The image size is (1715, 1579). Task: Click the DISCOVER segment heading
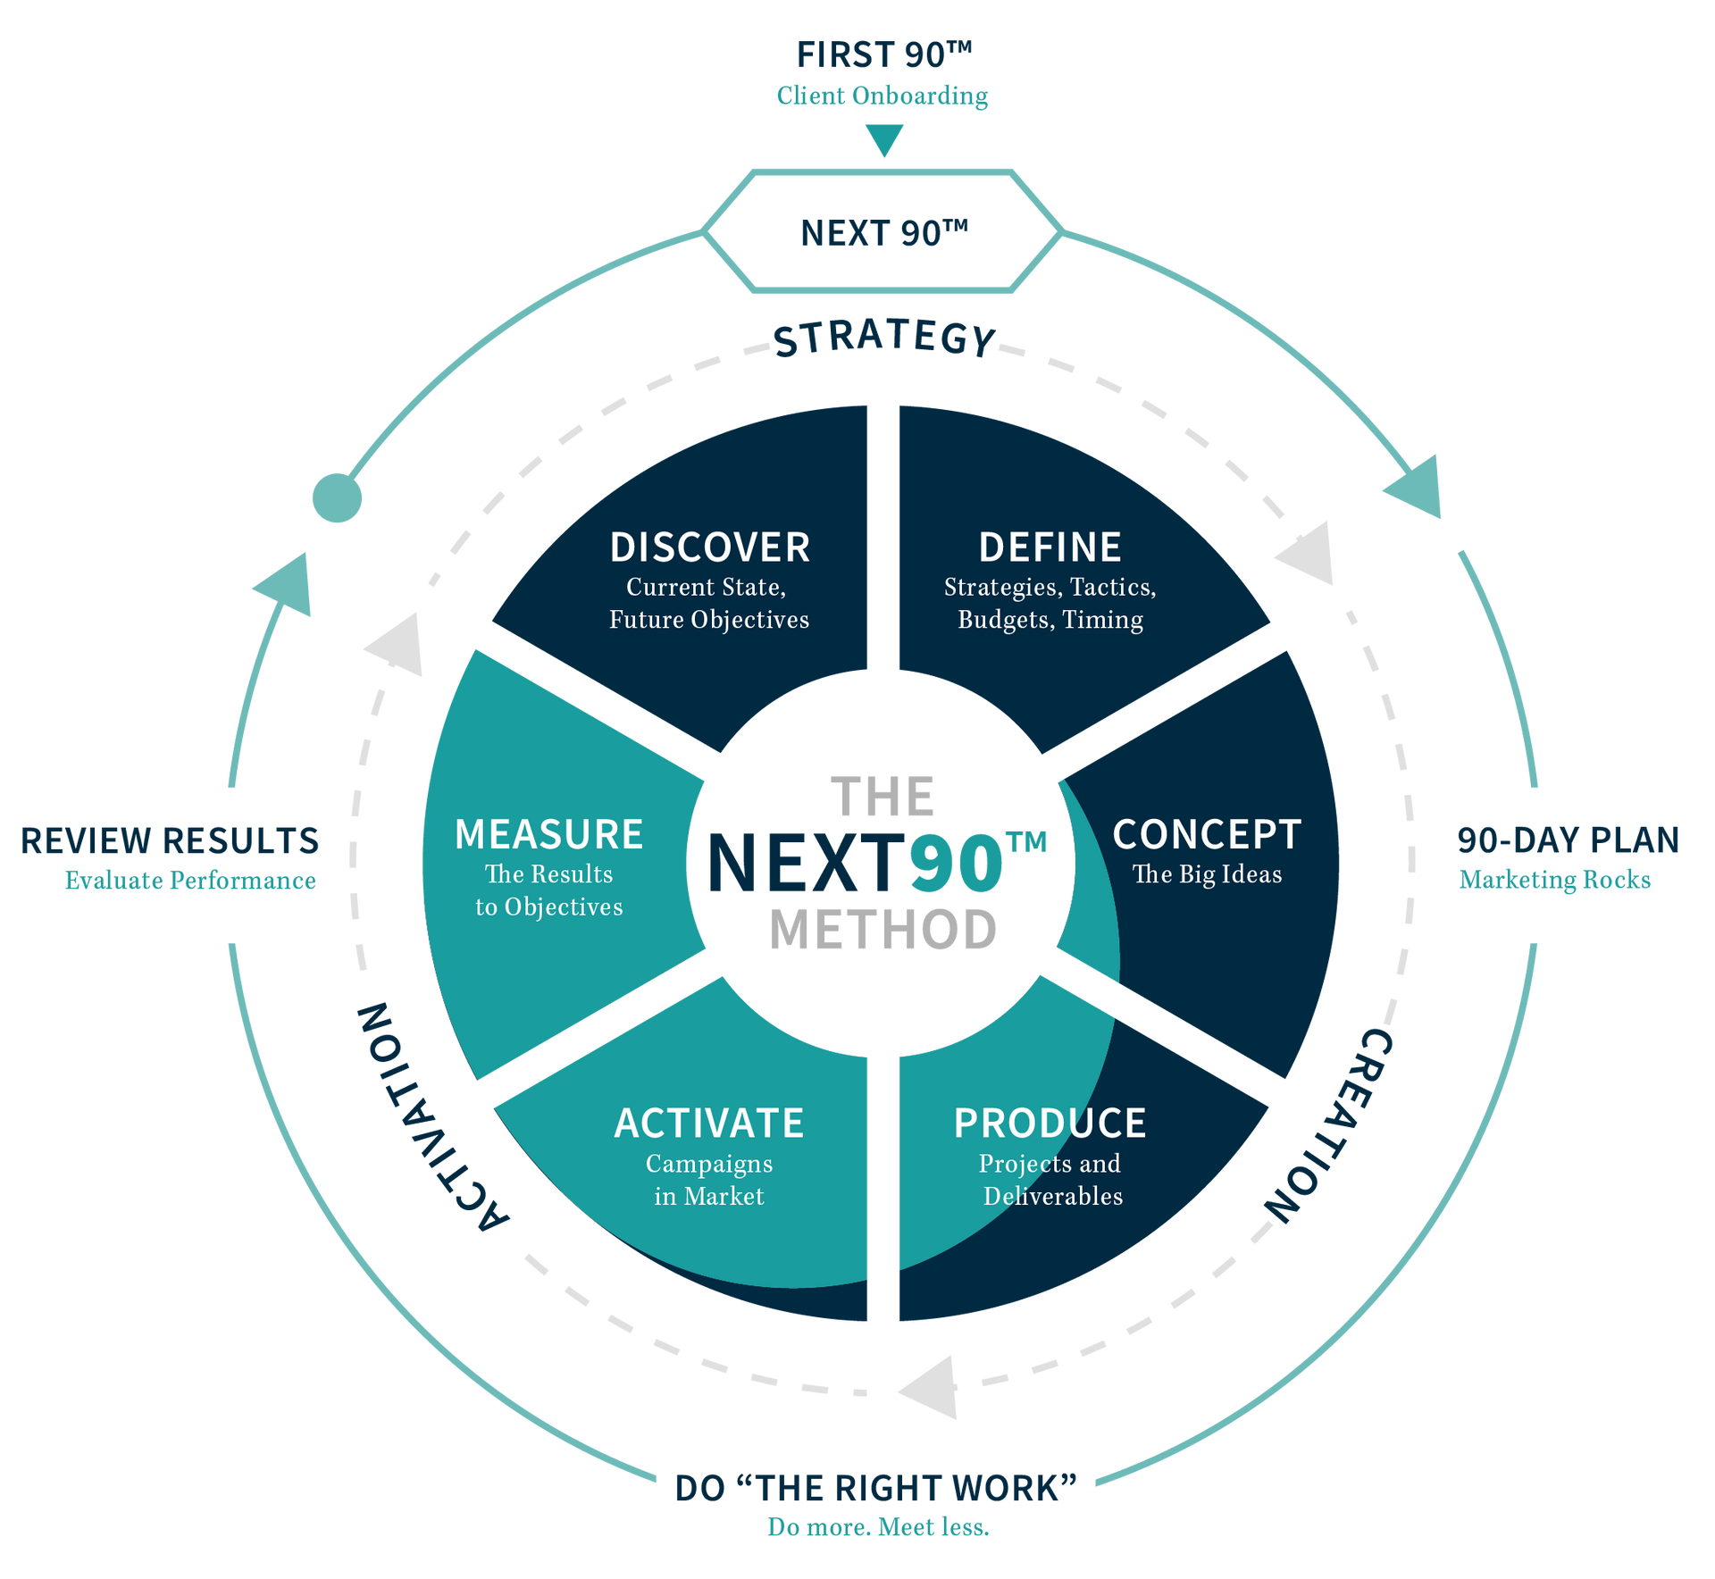(x=709, y=547)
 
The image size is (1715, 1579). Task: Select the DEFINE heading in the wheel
(x=1050, y=547)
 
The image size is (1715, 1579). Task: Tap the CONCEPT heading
(x=1207, y=835)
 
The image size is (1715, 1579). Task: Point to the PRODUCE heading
(x=1050, y=1124)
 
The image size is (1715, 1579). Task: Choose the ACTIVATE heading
(x=709, y=1124)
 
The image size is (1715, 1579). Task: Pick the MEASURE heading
(x=548, y=835)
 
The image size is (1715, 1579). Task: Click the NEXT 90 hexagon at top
(x=883, y=233)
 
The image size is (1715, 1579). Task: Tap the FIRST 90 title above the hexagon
(x=883, y=55)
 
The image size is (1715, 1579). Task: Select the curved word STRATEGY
(x=884, y=339)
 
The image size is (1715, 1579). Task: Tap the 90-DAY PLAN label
(x=1568, y=840)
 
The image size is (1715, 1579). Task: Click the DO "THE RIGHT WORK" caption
(x=875, y=1489)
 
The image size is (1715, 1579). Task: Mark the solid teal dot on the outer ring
(x=337, y=498)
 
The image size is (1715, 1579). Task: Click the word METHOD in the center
(x=883, y=929)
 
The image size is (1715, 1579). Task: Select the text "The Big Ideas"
(x=1207, y=874)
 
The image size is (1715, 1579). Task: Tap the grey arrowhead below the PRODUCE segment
(x=931, y=1388)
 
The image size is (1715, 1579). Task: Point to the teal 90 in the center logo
(x=956, y=864)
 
